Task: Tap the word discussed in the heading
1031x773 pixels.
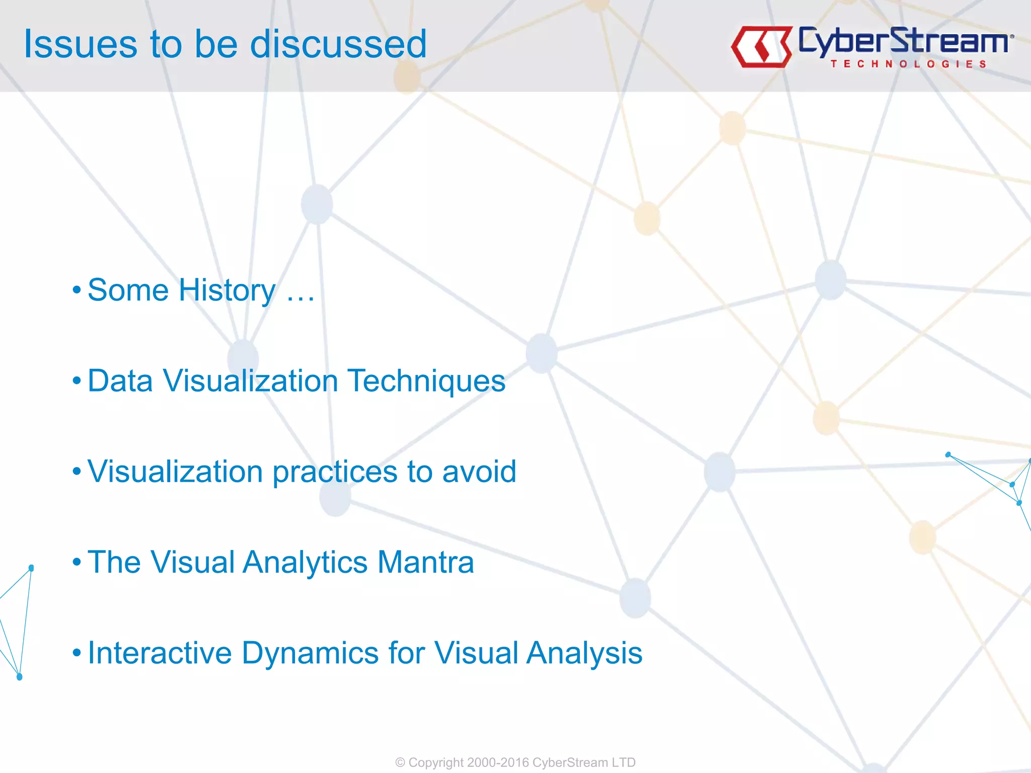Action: pyautogui.click(x=338, y=44)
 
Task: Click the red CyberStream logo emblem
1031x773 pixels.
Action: pyautogui.click(x=761, y=47)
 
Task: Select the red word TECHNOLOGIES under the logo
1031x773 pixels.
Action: pyautogui.click(x=908, y=64)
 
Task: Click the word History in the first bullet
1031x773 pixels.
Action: pyautogui.click(x=227, y=290)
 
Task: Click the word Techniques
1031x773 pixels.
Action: pyautogui.click(x=426, y=381)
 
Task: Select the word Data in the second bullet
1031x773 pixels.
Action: pyautogui.click(x=120, y=381)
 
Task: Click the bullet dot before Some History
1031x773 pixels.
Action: pyautogui.click(x=77, y=290)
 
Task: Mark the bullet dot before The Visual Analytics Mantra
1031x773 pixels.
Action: pyautogui.click(x=77, y=562)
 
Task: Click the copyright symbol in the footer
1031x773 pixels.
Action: pyautogui.click(x=400, y=762)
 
